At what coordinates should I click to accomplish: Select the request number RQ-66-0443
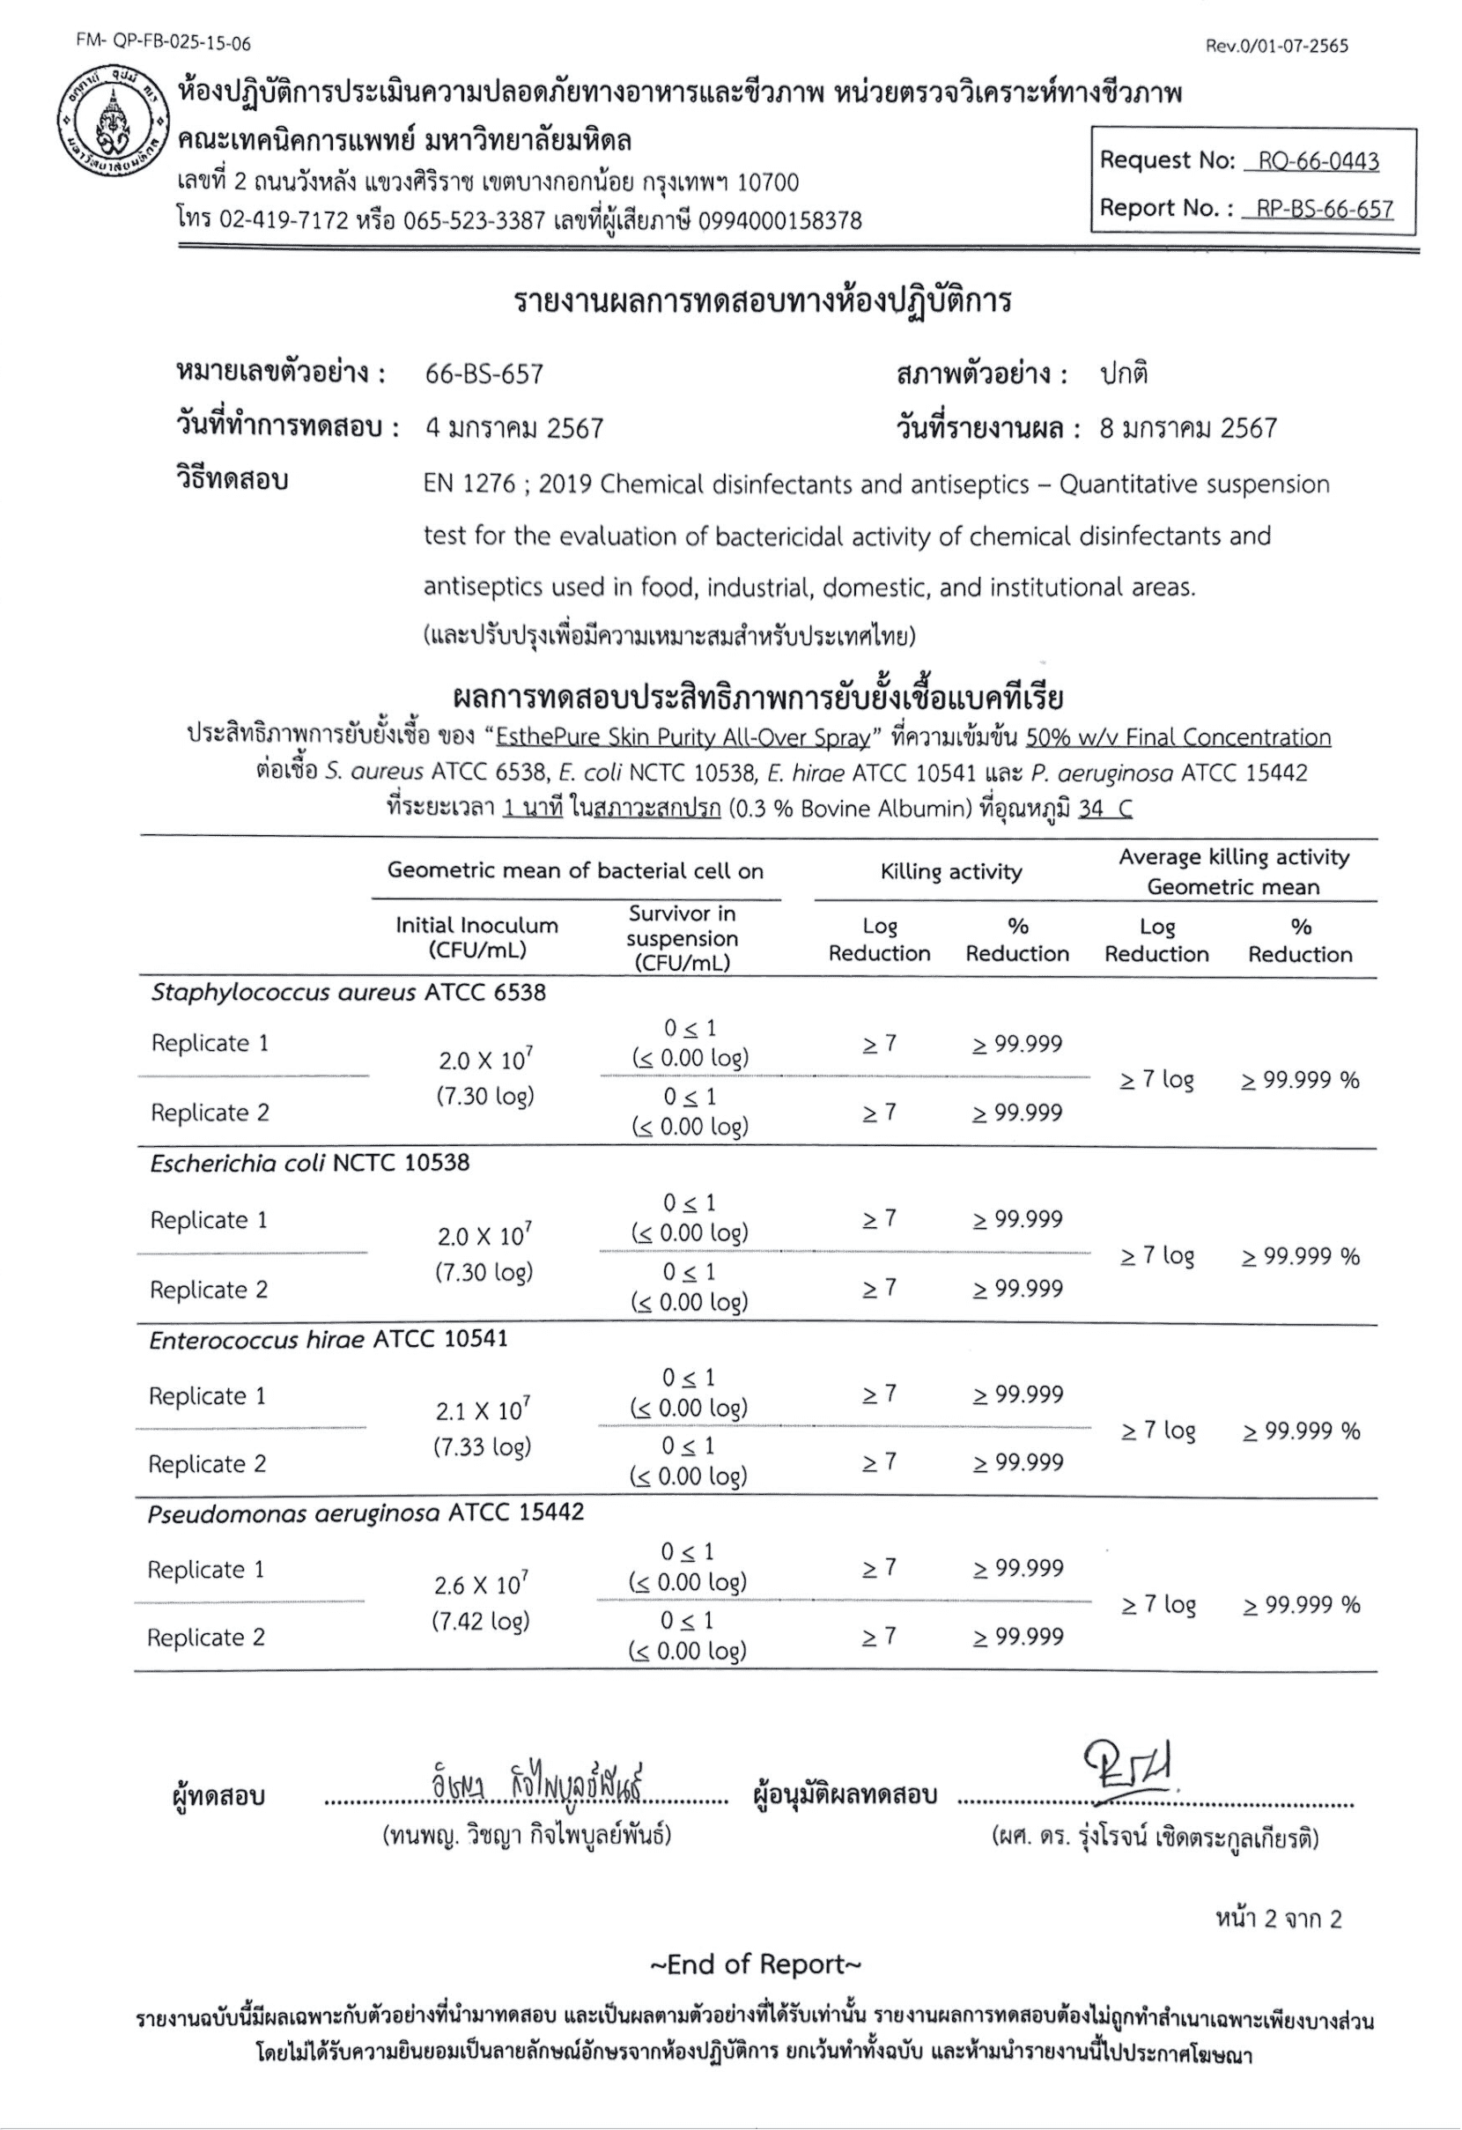click(x=1318, y=161)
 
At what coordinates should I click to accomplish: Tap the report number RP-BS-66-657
click(x=1325, y=209)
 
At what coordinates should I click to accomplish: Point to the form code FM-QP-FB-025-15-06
click(x=164, y=43)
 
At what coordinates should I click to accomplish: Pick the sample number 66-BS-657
click(x=484, y=374)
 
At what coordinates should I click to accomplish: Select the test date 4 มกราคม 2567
click(x=514, y=428)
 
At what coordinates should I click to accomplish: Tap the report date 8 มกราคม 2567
click(x=1188, y=428)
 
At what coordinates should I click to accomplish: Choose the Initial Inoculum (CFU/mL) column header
click(x=476, y=936)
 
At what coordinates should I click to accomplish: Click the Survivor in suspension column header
click(x=682, y=937)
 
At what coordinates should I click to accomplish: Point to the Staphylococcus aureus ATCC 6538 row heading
click(x=348, y=993)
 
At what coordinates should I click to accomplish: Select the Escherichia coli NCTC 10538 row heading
click(x=310, y=1163)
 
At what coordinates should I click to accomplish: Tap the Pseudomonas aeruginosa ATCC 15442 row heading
click(x=365, y=1512)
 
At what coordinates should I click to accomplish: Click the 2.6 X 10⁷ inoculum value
click(x=481, y=1584)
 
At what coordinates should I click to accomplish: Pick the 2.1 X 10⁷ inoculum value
click(x=482, y=1409)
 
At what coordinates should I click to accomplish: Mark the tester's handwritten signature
click(x=536, y=1786)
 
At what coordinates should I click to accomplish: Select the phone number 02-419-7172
click(x=284, y=221)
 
